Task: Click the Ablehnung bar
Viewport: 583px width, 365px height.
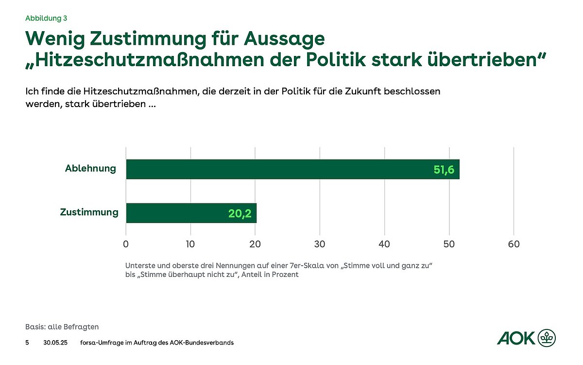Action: tap(291, 169)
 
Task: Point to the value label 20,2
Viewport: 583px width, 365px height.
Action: tap(240, 214)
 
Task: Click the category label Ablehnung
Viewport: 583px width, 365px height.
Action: tap(90, 169)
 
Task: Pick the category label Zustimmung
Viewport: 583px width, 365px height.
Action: tap(89, 213)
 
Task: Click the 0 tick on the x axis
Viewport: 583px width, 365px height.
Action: tap(126, 244)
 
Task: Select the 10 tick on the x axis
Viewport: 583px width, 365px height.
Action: tap(190, 244)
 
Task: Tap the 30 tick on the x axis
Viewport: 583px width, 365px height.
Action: tap(320, 244)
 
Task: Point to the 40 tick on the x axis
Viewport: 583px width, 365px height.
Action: tap(384, 244)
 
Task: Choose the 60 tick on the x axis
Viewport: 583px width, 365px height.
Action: tap(514, 244)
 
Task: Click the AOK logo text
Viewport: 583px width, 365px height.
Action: tap(515, 338)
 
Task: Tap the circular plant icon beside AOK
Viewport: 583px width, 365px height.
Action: tap(547, 337)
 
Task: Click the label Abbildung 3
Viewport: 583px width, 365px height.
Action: tap(46, 18)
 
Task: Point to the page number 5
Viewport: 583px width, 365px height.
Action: tap(27, 343)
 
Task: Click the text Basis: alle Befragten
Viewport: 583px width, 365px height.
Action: tap(62, 327)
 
